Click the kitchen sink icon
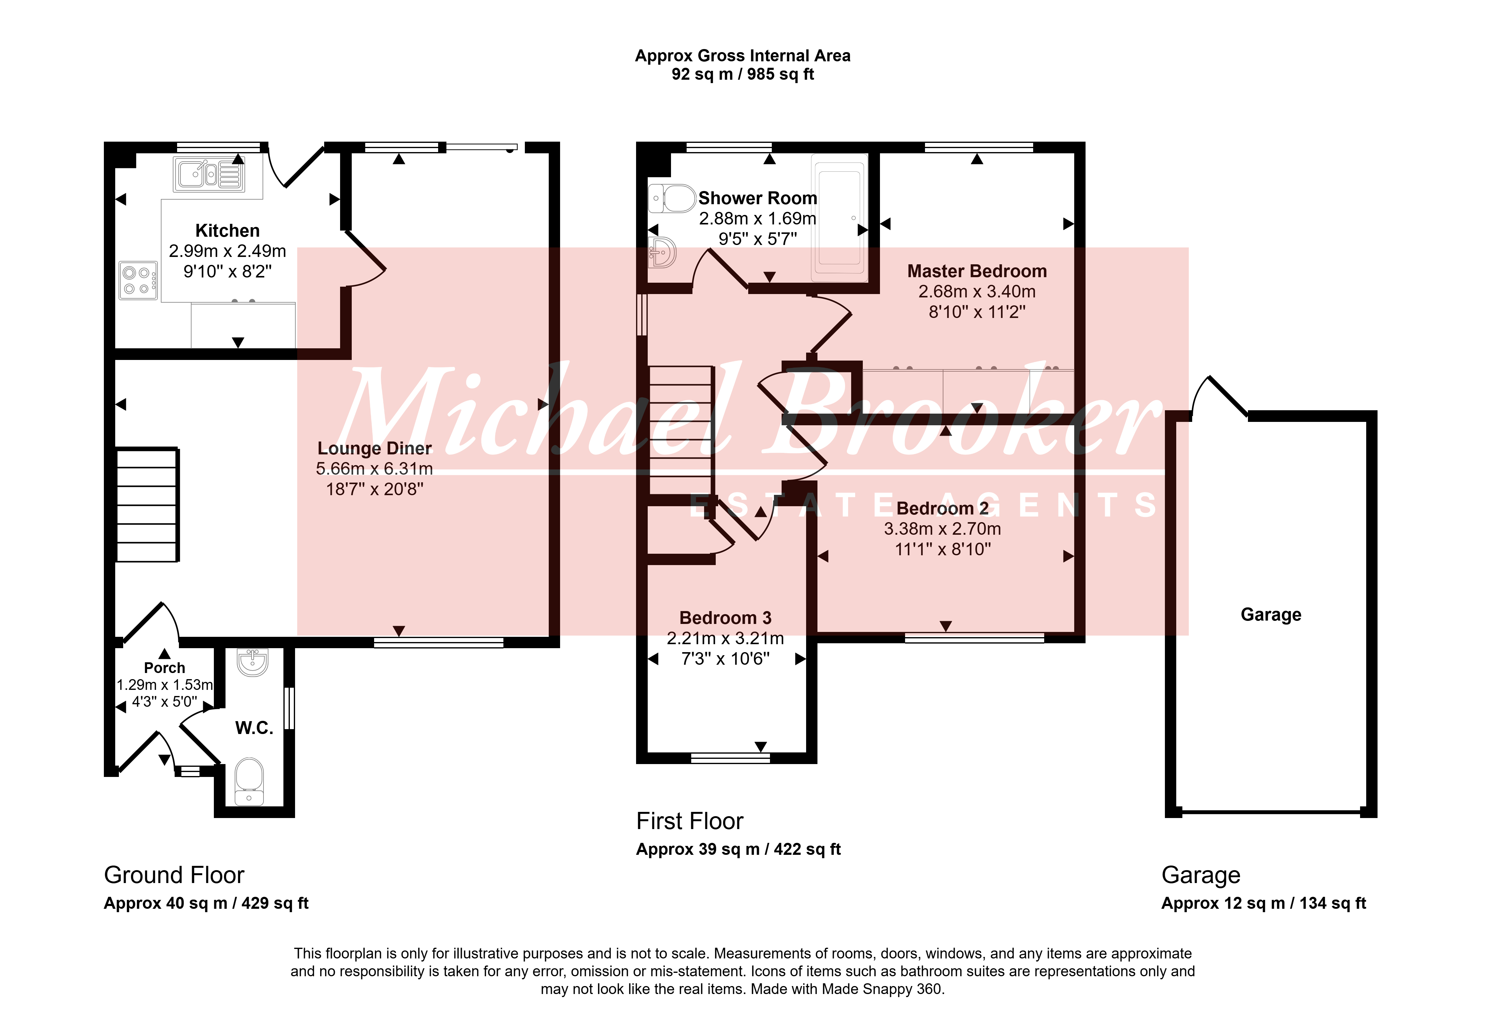point(208,174)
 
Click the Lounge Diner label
point(375,449)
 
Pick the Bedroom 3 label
point(725,618)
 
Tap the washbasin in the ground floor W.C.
point(252,662)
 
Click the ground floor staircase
point(147,505)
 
